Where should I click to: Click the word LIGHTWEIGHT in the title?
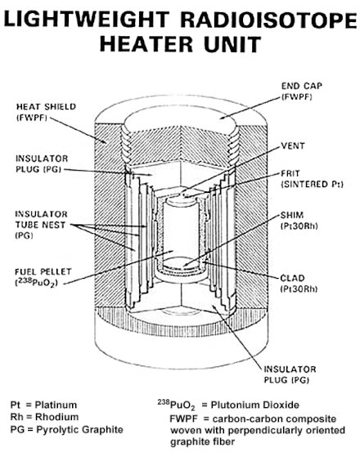pyautogui.click(x=87, y=20)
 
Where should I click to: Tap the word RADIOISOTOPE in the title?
pyautogui.click(x=268, y=20)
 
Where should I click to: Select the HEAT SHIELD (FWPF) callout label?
pyautogui.click(x=46, y=112)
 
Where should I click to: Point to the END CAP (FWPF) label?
pyautogui.click(x=302, y=92)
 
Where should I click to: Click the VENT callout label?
pyautogui.click(x=293, y=146)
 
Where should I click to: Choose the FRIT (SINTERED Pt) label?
pyautogui.click(x=312, y=179)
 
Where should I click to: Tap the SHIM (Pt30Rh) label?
pyautogui.click(x=299, y=221)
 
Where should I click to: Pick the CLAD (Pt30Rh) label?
pyautogui.click(x=299, y=284)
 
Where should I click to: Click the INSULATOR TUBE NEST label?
pyautogui.click(x=41, y=225)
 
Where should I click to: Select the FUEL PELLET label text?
pyautogui.click(x=43, y=277)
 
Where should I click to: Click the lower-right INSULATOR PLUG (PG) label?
pyautogui.click(x=290, y=374)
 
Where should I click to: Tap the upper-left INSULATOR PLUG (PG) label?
pyautogui.click(x=42, y=164)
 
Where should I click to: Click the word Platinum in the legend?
pyautogui.click(x=56, y=405)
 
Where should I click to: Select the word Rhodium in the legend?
pyautogui.click(x=57, y=417)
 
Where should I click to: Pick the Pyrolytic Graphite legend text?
pyautogui.click(x=79, y=429)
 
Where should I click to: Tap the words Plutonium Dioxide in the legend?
pyautogui.click(x=255, y=405)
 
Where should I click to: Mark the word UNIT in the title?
pyautogui.click(x=232, y=44)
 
